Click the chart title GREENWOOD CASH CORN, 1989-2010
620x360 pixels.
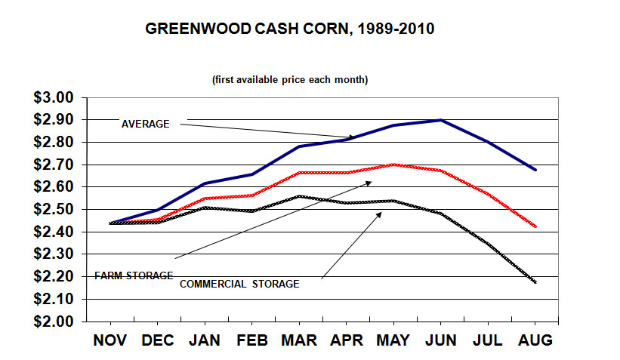click(x=289, y=30)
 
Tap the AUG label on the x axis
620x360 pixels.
click(x=535, y=340)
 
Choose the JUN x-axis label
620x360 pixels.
click(x=440, y=340)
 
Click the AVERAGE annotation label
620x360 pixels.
click(x=146, y=124)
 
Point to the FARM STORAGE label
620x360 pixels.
click(x=134, y=275)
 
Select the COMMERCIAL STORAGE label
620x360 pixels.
click(x=239, y=285)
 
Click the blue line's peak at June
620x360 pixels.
click(x=440, y=120)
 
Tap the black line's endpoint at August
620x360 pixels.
click(x=535, y=282)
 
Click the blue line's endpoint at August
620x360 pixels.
click(x=535, y=170)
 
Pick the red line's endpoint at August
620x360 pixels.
click(x=535, y=226)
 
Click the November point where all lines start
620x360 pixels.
click(x=111, y=223)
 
